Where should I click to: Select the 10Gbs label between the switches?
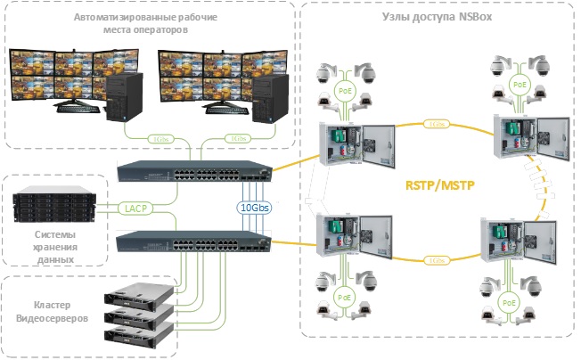click(256, 208)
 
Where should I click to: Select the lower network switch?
click(192, 240)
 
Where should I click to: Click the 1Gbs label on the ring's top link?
click(436, 124)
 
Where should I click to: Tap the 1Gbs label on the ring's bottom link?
click(436, 261)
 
